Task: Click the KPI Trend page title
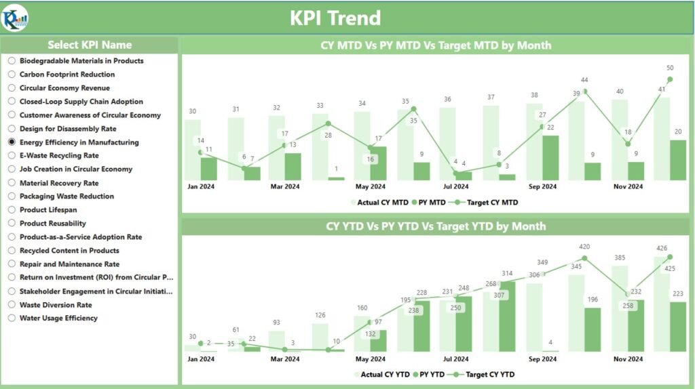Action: tap(335, 18)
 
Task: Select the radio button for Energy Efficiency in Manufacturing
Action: tap(12, 142)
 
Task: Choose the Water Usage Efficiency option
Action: tap(12, 319)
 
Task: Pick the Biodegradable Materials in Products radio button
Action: tap(12, 61)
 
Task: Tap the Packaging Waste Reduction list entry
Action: tap(67, 197)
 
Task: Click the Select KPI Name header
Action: tap(90, 45)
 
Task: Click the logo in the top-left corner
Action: tap(15, 17)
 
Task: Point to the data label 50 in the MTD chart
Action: tap(670, 68)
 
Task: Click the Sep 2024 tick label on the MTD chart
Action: tap(542, 186)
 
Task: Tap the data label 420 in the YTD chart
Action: tap(584, 247)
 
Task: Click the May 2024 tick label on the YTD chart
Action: tap(370, 359)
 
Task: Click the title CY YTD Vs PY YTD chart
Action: tap(436, 226)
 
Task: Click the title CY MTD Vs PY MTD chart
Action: tap(436, 45)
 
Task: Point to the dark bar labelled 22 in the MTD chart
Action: tap(550, 158)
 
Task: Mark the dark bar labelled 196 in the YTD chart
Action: tap(593, 329)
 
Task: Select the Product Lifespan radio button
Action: tap(12, 210)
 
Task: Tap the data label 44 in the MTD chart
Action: tap(584, 80)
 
